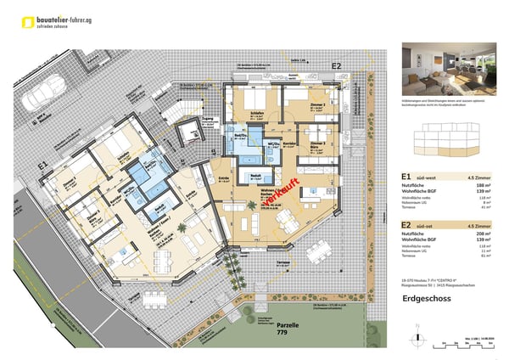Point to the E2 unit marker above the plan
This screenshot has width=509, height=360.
pos(336,65)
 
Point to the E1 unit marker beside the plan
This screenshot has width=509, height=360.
pos(42,166)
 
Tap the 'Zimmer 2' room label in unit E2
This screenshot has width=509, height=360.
pos(318,104)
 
